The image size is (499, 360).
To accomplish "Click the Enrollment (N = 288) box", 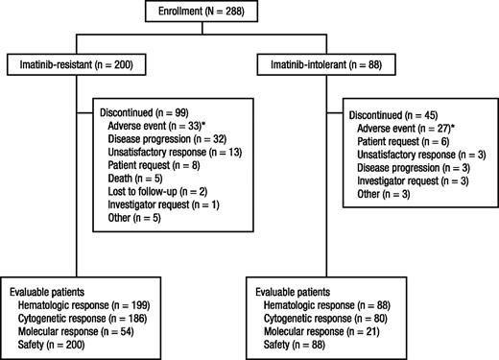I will (249, 12).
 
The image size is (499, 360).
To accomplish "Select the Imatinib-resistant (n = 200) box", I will (76, 64).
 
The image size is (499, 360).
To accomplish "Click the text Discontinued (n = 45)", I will (395, 112).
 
